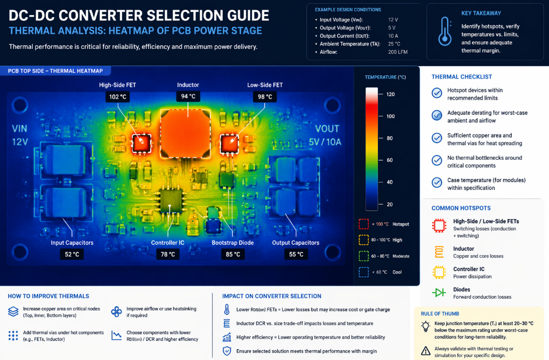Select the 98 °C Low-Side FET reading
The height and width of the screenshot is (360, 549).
pos(264,97)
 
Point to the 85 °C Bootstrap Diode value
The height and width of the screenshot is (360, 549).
pos(233,254)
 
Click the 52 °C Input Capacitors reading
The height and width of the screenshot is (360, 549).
pos(72,254)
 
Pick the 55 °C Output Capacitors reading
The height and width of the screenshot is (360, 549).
pos(295,254)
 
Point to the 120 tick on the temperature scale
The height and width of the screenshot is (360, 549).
pos(390,95)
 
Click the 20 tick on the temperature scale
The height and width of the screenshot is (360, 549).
pos(389,204)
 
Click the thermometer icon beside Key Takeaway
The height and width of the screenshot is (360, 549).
pos(445,31)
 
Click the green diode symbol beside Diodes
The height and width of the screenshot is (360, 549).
pos(439,293)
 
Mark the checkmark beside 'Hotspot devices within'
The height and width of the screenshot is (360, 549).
pos(438,94)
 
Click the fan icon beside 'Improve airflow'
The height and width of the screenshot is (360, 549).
pos(116,313)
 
